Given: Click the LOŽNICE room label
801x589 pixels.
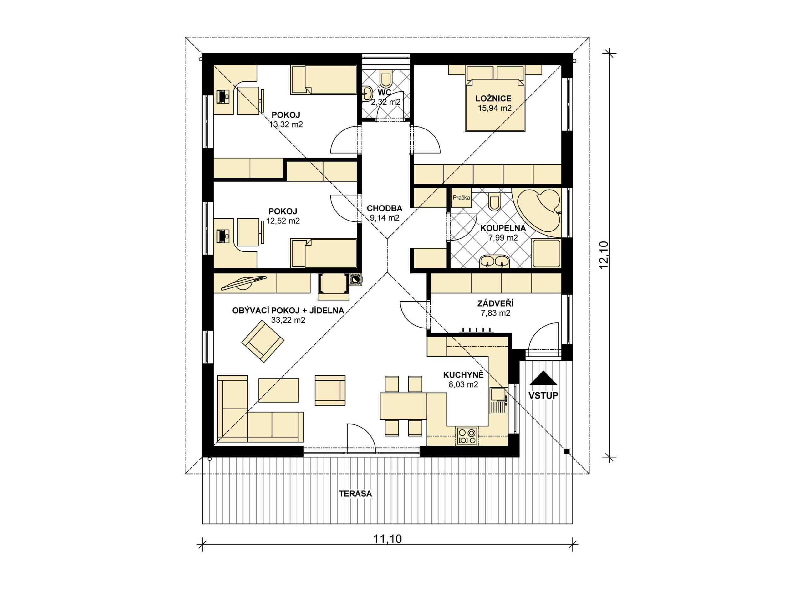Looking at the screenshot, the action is pos(493,99).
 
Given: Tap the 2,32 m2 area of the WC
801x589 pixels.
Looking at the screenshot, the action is pos(385,102).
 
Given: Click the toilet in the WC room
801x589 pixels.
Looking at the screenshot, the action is pos(386,80).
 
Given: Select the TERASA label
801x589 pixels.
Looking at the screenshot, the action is pos(355,494).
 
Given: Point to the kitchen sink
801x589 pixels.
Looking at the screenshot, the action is pos(499,401).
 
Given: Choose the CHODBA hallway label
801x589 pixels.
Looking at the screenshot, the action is pos(385,208).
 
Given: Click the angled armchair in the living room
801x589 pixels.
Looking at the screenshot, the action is pos(263,341).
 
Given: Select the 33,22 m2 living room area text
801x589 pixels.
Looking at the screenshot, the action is pos(288,320).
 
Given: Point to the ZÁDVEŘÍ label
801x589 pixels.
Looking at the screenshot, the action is pos(495,303).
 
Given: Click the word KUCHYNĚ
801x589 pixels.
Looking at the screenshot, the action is pos(463,375).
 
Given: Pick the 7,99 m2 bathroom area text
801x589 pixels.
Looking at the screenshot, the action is pos(503,237).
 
